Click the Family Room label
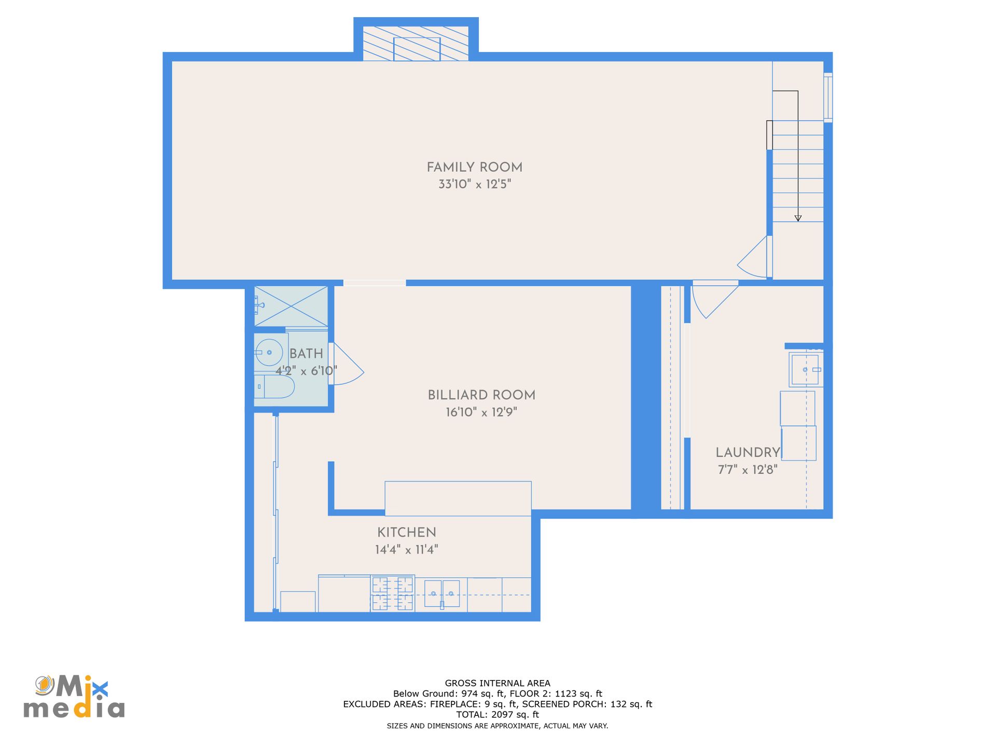coord(474,168)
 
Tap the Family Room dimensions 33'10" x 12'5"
coord(475,184)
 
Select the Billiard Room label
coord(481,395)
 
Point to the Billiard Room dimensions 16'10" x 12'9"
coord(481,412)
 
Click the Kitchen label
coord(407,532)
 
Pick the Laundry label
coord(748,452)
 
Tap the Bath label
coord(306,354)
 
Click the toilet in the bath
coord(274,386)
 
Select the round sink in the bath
coord(269,352)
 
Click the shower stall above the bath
coord(291,306)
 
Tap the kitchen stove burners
coord(392,593)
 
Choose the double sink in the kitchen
coord(442,593)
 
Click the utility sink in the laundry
coord(805,369)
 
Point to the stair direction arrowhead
coord(798,218)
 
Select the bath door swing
coord(347,364)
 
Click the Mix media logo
coord(74,697)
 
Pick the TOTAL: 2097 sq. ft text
coord(497,714)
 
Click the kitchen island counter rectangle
coord(458,499)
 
